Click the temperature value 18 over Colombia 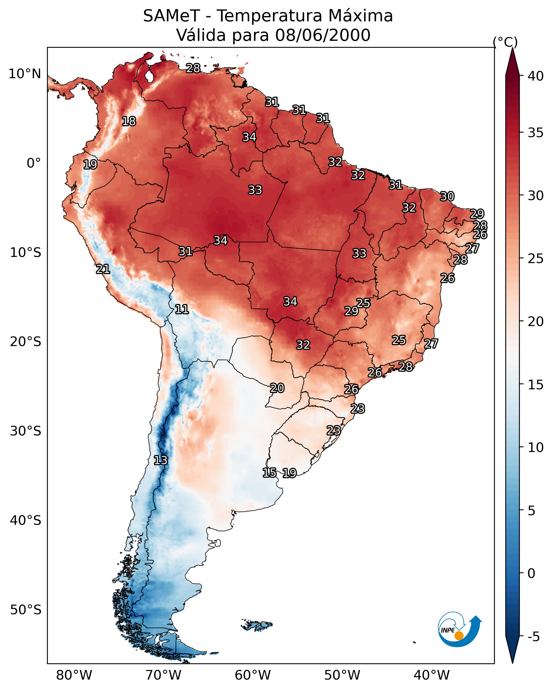[129, 121]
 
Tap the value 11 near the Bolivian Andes [182, 309]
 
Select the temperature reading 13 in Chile [160, 460]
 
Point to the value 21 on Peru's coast [103, 269]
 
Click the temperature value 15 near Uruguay [269, 473]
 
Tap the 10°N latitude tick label [25, 74]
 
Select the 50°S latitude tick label [26, 610]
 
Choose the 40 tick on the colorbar [536, 76]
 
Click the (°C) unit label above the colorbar [505, 42]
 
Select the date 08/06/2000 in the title [323, 35]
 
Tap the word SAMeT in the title [171, 16]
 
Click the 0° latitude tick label [34, 163]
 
